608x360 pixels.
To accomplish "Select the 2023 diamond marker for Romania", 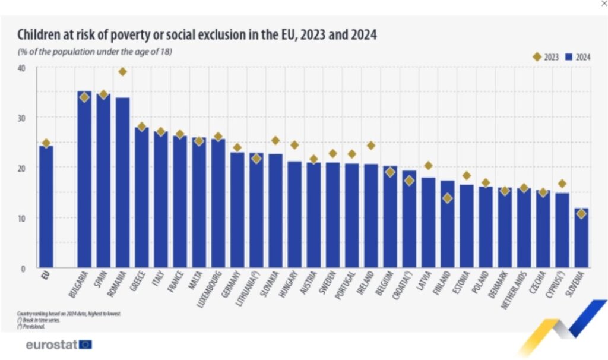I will coord(122,72).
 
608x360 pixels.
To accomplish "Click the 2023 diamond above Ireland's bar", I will coord(371,146).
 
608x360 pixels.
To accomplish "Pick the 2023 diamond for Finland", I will coord(448,198).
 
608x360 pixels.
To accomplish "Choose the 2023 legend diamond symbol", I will coord(537,57).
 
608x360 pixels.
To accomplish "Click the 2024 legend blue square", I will coord(568,57).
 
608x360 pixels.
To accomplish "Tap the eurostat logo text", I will coord(51,344).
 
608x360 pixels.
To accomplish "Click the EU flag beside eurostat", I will coord(85,344).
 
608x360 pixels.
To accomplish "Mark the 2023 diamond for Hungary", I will coord(294,145).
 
